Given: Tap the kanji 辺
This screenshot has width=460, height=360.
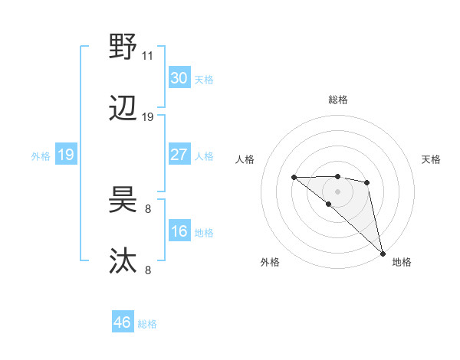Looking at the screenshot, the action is point(123,109).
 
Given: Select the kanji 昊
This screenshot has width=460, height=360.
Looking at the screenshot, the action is point(123,201).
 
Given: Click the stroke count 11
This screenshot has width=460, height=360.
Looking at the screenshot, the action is point(148,56).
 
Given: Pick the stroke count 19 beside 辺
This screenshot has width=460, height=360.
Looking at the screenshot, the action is point(148,117).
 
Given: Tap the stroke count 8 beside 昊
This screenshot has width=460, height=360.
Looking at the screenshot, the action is point(148,208).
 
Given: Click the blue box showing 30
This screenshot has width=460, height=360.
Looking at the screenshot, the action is point(179,78).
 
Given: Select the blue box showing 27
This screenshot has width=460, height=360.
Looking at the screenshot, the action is point(179,155).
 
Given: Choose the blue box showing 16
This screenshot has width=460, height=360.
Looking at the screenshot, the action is point(179,231).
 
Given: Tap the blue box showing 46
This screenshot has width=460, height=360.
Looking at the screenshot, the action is point(123,322).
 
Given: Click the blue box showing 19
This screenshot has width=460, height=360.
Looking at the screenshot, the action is point(66,155).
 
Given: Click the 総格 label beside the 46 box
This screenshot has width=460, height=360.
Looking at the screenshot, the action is point(147,324).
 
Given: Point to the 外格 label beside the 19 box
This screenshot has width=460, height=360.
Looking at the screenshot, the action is point(41,155).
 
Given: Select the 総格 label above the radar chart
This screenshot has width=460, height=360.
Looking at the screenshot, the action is point(337,100).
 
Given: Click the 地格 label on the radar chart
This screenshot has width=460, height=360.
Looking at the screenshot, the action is point(402,262).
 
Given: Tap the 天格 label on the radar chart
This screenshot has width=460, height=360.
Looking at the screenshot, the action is point(432,159).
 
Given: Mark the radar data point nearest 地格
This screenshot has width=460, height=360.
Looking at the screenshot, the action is point(383,254).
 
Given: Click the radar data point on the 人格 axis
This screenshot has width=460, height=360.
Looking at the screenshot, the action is point(294,178).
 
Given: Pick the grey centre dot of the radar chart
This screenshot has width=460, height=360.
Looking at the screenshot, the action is point(337,190).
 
